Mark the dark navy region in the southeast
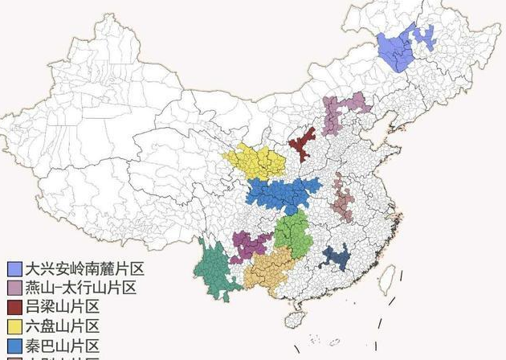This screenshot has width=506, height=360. [x=336, y=257]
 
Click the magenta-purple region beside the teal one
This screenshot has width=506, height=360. [x=249, y=244]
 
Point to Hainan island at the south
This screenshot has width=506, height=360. [x=296, y=318]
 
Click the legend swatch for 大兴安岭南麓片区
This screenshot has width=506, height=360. [x=14, y=268]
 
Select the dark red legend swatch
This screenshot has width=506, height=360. [x=14, y=307]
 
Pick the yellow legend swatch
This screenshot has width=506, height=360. [x=14, y=326]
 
